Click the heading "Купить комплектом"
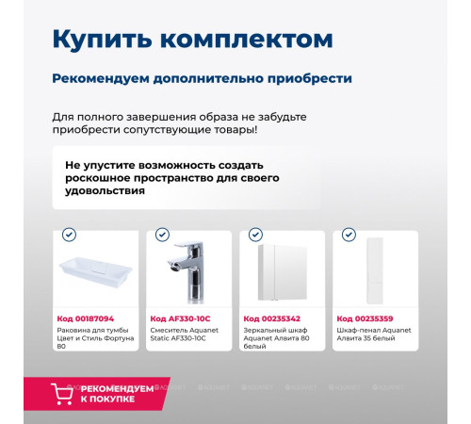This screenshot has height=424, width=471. (191, 40)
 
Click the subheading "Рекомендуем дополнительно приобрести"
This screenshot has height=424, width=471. (202, 78)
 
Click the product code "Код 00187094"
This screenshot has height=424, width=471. (86, 318)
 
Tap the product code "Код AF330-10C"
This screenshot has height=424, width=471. (181, 318)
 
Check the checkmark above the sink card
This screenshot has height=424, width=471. (69, 235)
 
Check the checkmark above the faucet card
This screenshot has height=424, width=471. (162, 235)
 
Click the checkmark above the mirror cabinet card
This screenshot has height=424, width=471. (255, 235)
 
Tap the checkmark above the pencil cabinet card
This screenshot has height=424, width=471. (349, 235)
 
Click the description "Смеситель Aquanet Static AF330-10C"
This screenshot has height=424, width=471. (185, 334)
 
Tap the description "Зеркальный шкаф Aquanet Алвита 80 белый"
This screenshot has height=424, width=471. (278, 339)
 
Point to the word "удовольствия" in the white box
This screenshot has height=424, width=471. (105, 190)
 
